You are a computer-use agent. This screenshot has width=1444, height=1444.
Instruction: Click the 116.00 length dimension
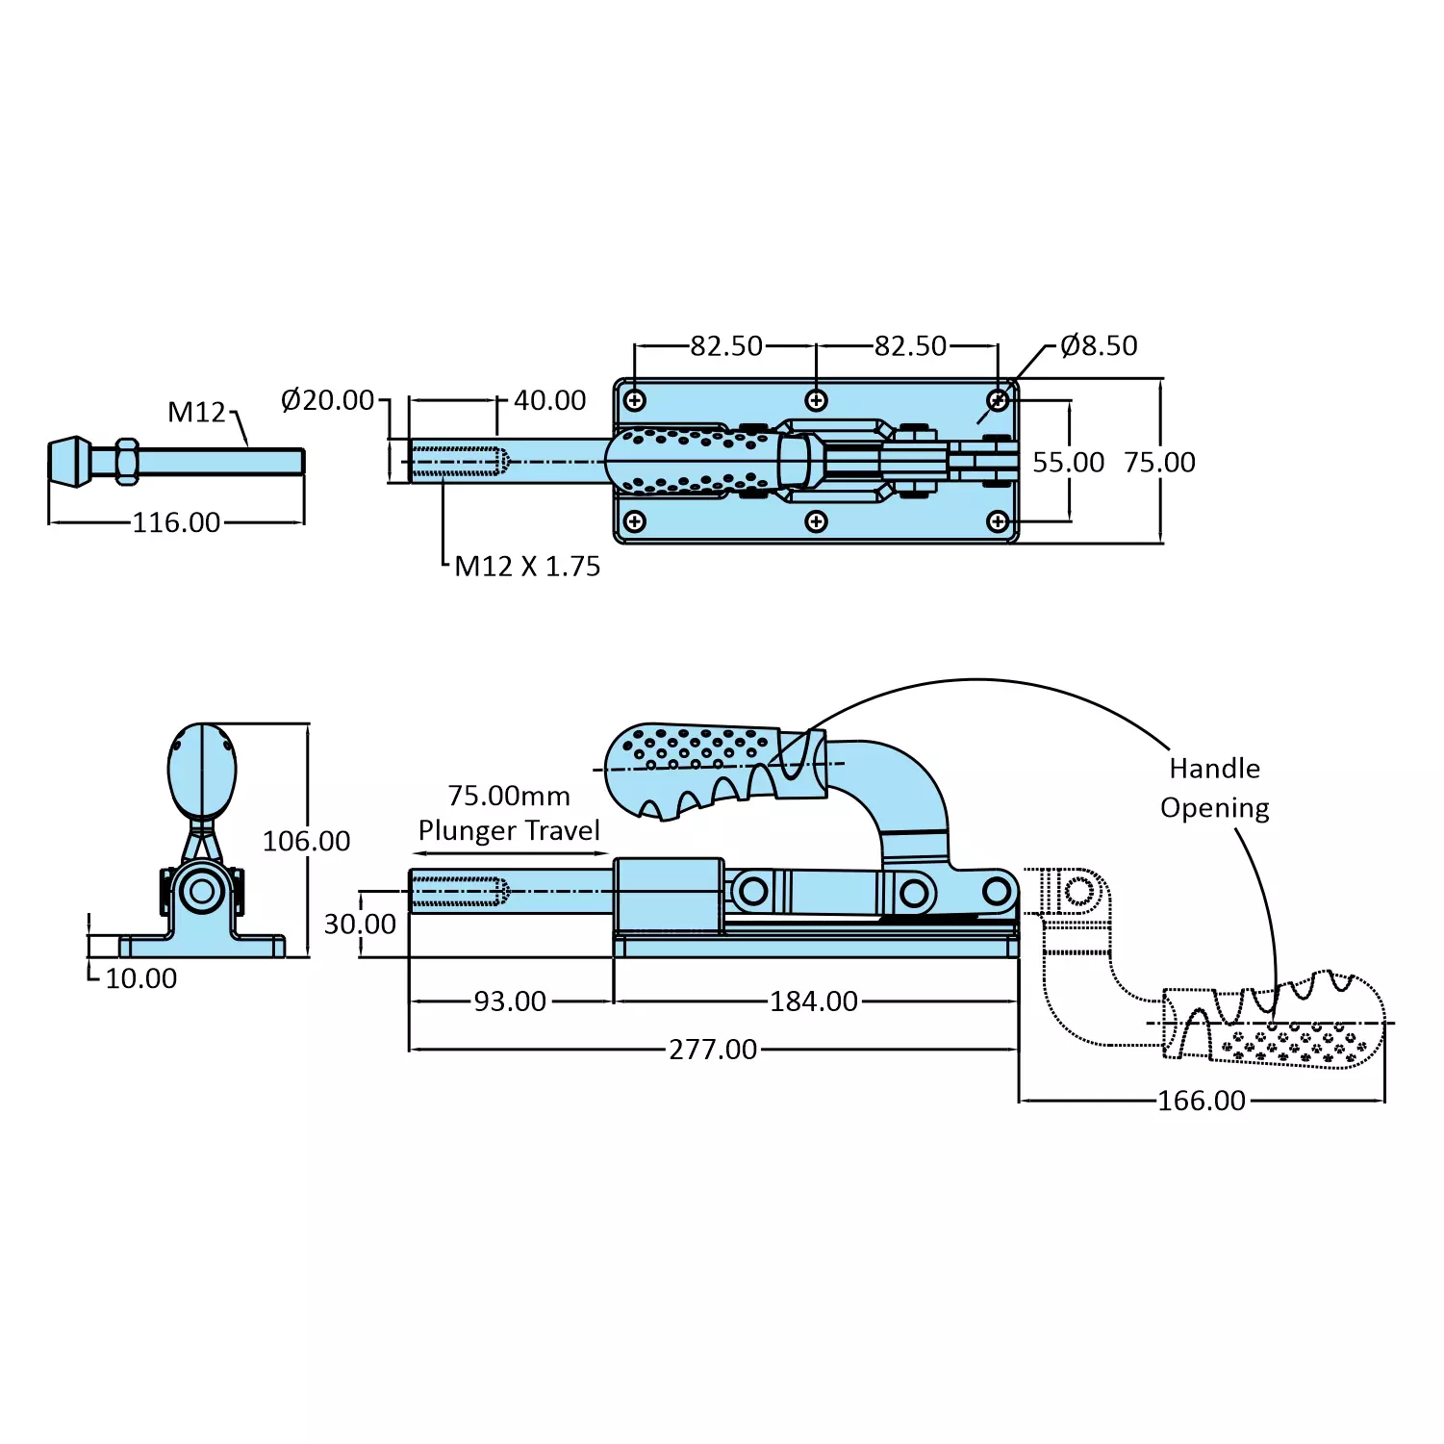tap(176, 522)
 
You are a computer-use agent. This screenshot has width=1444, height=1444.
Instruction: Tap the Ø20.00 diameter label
tap(327, 399)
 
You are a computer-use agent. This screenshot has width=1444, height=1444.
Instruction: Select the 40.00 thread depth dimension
tap(549, 400)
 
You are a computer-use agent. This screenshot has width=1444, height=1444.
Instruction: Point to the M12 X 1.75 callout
tap(527, 566)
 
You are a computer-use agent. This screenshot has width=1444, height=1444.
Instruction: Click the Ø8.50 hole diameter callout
tap(1099, 345)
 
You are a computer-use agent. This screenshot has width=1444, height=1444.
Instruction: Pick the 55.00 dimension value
tap(1068, 463)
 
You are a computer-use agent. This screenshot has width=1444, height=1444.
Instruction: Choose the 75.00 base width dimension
tap(1159, 463)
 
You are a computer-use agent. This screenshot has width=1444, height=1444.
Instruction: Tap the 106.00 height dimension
tap(306, 841)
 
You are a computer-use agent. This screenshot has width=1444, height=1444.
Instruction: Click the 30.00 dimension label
tap(360, 925)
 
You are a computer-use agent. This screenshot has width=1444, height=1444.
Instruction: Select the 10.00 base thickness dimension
tap(140, 978)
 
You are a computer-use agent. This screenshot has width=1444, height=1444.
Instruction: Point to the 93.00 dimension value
tap(510, 1001)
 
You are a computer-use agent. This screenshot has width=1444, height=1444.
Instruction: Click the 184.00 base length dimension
tap(814, 1001)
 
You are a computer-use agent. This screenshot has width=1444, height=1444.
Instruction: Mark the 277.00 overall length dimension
tap(713, 1050)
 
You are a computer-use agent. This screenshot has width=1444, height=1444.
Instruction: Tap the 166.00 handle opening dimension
tap(1202, 1101)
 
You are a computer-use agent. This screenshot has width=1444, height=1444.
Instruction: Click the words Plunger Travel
tap(509, 830)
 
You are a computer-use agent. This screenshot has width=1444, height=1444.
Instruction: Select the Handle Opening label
tap(1214, 788)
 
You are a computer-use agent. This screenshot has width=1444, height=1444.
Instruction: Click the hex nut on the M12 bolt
tap(127, 462)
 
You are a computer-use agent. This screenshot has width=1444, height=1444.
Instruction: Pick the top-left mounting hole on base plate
tap(635, 400)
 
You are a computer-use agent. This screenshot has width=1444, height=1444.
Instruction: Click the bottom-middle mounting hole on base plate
tap(817, 521)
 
